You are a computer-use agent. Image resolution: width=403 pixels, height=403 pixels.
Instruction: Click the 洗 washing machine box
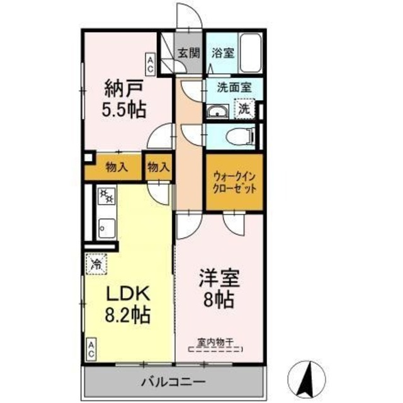(244, 108)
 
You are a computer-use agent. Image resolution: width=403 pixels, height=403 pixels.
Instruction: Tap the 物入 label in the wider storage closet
(116, 167)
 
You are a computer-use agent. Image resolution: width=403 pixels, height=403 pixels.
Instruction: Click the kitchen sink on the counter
(106, 225)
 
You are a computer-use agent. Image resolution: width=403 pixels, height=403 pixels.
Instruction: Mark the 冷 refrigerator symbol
(96, 262)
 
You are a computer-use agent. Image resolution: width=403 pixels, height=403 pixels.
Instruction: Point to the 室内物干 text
(215, 343)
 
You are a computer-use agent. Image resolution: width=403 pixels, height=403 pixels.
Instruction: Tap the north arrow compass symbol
(309, 378)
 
